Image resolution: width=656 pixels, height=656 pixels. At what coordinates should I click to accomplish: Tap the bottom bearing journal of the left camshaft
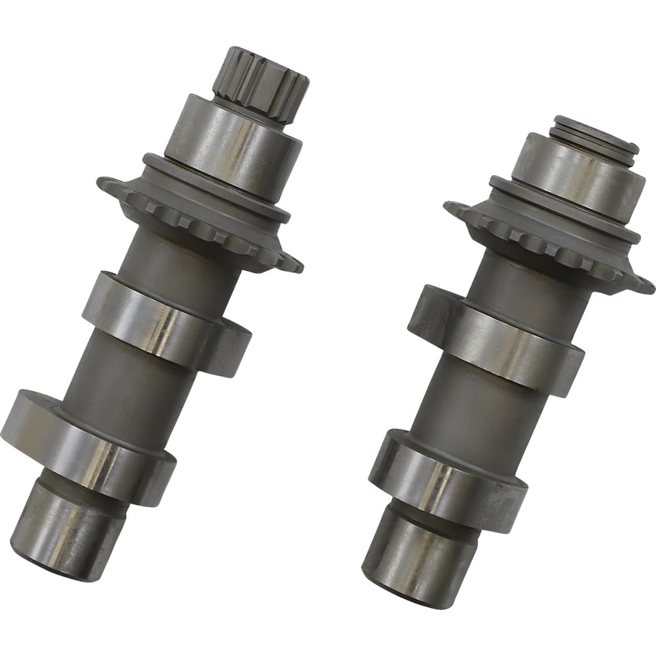pos(72,525)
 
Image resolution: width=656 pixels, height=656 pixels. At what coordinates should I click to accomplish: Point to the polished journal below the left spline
pos(233,144)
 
